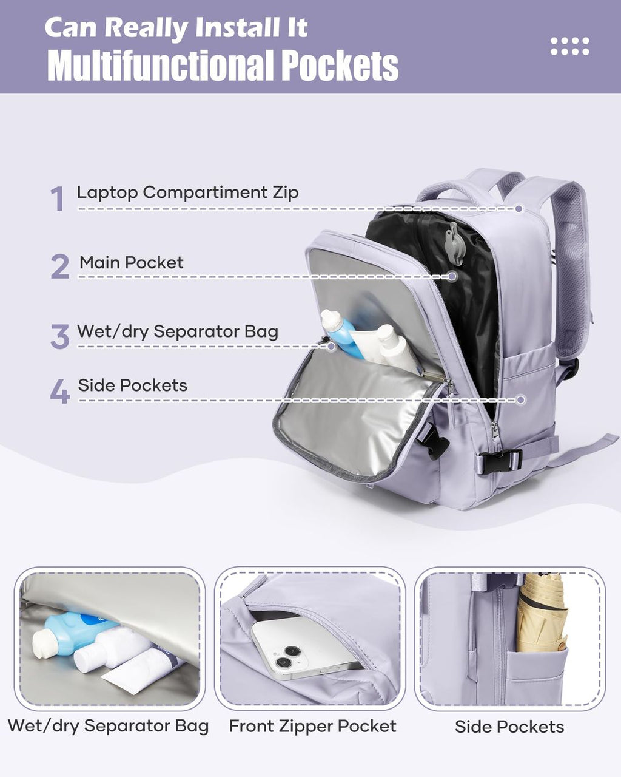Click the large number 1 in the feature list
(58, 198)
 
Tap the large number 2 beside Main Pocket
(60, 266)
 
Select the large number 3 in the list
(60, 336)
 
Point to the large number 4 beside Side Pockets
(59, 392)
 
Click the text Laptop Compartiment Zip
(187, 192)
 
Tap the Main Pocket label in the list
(131, 262)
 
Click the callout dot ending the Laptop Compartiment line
(519, 208)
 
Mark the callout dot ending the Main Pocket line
(452, 276)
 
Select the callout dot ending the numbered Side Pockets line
(520, 400)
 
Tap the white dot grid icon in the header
(569, 46)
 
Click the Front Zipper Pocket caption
(312, 726)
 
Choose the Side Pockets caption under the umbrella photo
(509, 727)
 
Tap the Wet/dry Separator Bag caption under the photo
(108, 726)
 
